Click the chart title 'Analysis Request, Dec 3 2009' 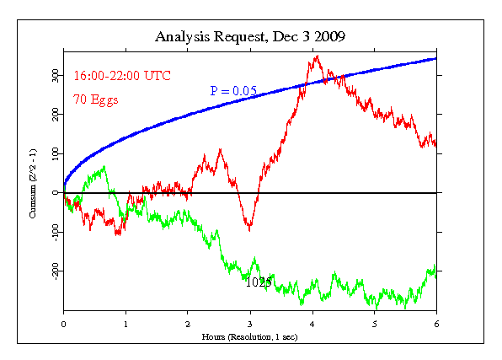point(250,37)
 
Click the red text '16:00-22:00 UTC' point(122,76)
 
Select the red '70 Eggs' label point(96,99)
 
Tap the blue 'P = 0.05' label point(233,91)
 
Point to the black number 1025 point(259,282)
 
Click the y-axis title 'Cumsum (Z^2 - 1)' point(32,184)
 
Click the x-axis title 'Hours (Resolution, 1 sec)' point(249,337)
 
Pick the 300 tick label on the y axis point(56,76)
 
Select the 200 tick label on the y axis point(56,115)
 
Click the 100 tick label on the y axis point(56,154)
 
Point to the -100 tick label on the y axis point(56,233)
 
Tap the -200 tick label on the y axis point(56,271)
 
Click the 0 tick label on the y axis point(56,193)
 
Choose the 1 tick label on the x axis point(125,325)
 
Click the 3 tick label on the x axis point(250,325)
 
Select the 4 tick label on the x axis point(312,325)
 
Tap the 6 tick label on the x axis point(436,325)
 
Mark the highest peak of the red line point(318,56)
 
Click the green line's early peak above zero point(104,167)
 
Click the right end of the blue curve point(436,59)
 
